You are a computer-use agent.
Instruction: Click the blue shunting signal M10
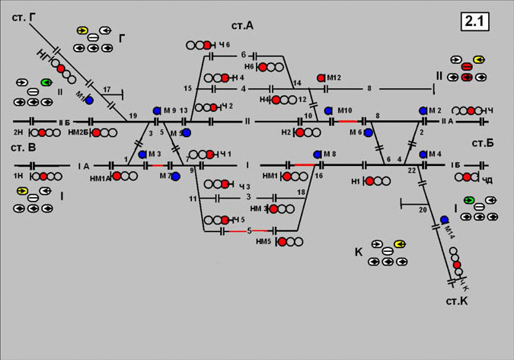328,110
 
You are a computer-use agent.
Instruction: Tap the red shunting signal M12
321,78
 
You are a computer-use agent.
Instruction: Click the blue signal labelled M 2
423,110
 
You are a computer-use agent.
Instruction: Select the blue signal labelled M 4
423,155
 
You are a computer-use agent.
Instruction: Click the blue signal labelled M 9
156,110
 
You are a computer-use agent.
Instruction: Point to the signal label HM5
263,242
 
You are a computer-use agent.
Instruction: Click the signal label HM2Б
78,132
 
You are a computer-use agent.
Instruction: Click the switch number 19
133,115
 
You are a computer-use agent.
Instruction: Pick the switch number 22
411,170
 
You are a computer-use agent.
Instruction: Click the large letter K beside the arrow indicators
358,252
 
